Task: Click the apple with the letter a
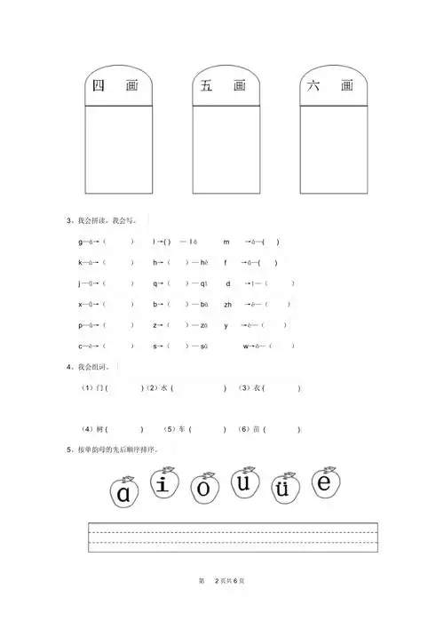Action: (124, 492)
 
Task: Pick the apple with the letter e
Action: (324, 483)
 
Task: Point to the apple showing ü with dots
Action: (283, 489)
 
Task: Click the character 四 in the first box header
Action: (98, 86)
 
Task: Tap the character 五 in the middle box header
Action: (206, 86)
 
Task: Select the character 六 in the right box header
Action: (313, 86)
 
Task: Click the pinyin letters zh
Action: (228, 304)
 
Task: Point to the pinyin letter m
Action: (226, 242)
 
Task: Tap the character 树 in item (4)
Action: (99, 429)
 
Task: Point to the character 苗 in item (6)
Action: (257, 429)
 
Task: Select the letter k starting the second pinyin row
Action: (80, 262)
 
